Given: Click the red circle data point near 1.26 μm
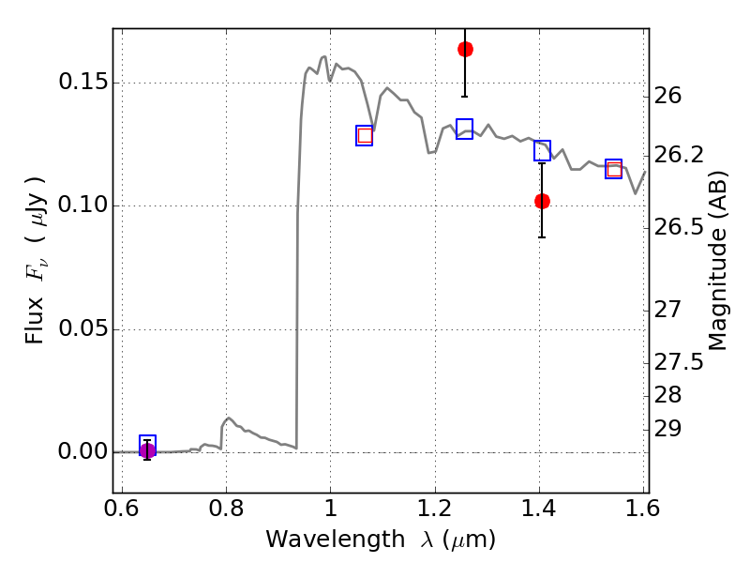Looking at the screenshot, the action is (465, 49).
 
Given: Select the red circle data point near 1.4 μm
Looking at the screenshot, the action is (542, 201).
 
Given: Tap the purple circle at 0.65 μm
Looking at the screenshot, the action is (147, 450).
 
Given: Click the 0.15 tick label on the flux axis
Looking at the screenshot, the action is (82, 83).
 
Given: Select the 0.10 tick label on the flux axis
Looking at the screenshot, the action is (82, 205).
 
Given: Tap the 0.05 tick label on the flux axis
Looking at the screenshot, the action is (82, 329).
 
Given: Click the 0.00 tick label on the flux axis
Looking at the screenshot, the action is (82, 451).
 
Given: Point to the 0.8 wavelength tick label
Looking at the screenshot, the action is (226, 508).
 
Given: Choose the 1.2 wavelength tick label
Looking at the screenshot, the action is (435, 508).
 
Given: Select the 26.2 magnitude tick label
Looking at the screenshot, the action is (679, 155).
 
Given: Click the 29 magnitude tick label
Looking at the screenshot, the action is (667, 429).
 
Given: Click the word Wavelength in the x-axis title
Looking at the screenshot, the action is (336, 540).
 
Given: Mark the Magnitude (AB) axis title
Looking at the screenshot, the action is (717, 261).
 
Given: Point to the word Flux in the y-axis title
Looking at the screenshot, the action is (34, 321).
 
